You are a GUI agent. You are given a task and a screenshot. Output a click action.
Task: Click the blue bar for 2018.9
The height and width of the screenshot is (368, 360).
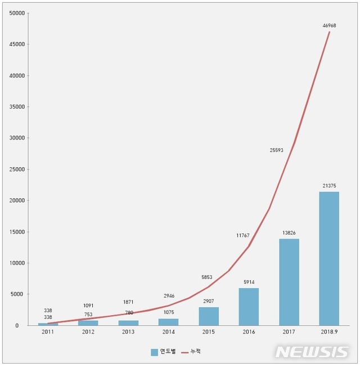(329, 258)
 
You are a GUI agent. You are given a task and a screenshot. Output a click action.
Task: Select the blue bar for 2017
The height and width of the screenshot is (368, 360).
(289, 282)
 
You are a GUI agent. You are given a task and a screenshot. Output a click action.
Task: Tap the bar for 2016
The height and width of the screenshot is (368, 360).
(249, 307)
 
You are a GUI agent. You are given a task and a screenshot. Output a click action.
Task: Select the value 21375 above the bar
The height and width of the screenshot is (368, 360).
(329, 185)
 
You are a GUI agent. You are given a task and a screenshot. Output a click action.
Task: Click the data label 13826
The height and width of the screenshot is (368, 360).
(289, 232)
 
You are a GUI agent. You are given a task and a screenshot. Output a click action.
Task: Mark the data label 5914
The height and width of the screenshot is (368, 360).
(249, 282)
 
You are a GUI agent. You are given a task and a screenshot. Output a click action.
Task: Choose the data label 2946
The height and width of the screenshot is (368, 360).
(169, 295)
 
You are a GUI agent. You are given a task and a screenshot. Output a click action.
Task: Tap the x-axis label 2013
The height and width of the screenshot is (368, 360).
(128, 332)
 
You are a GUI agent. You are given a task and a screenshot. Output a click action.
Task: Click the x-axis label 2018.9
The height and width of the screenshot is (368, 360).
(329, 332)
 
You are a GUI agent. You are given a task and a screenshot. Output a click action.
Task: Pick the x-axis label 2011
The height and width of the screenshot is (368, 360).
(48, 332)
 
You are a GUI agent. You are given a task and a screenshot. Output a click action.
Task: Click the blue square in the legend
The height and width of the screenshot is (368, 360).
(154, 352)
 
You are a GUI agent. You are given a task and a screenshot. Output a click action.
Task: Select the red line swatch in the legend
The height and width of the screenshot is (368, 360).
(185, 352)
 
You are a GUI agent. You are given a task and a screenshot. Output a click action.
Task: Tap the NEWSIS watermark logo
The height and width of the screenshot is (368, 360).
(312, 352)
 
